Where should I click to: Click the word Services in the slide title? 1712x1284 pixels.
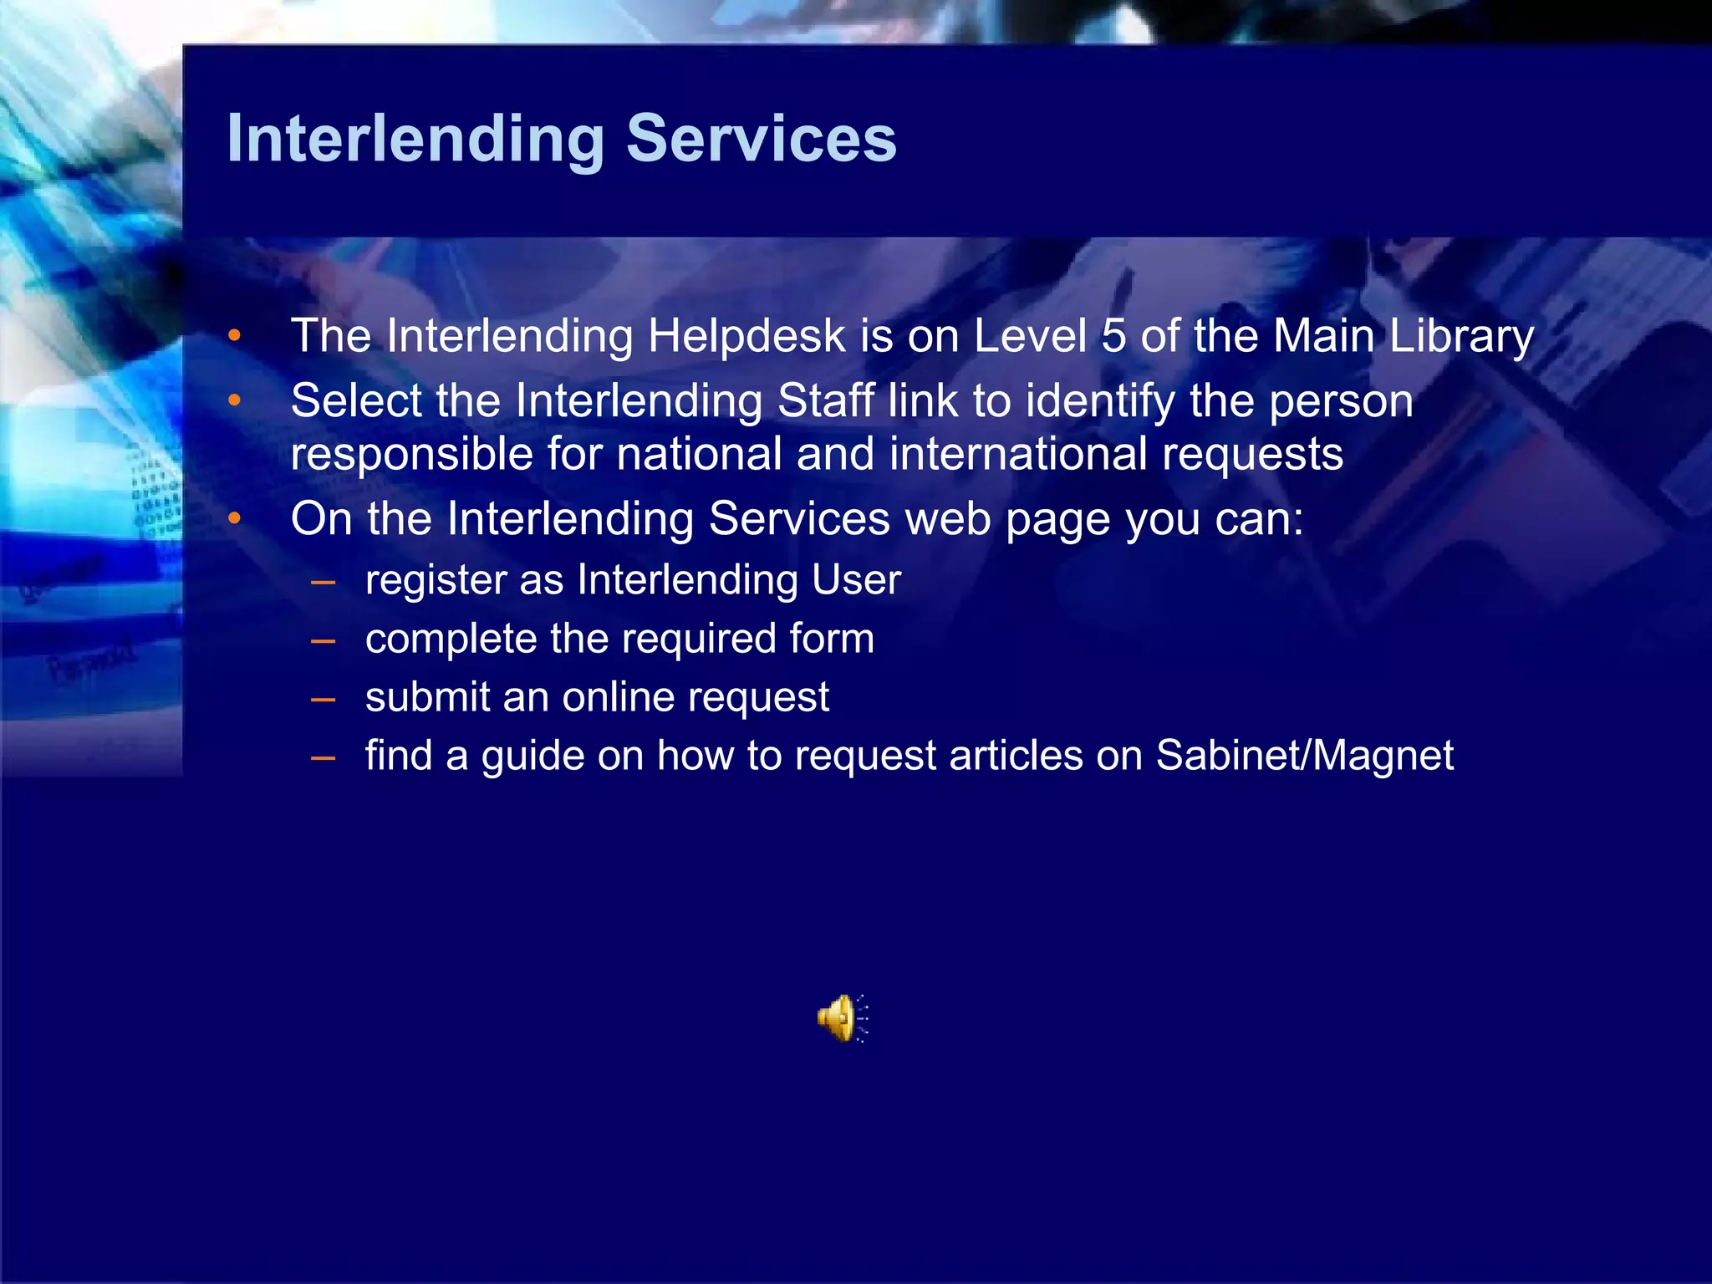click(x=762, y=139)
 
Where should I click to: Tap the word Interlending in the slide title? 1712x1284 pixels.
click(x=415, y=139)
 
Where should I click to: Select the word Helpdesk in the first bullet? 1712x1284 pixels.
click(x=747, y=336)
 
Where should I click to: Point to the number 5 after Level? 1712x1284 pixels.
click(x=1113, y=336)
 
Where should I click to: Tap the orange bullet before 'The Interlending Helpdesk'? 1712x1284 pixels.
click(x=235, y=337)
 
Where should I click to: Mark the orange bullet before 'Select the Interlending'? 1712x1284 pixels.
click(x=235, y=402)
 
